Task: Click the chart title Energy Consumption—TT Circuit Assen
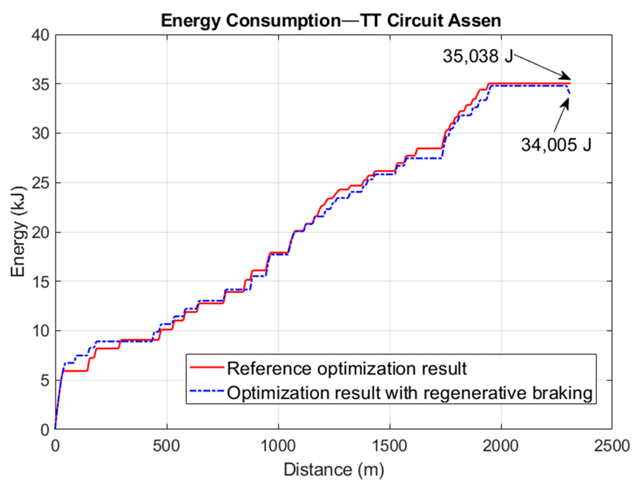pos(331,21)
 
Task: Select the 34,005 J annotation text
pos(556,145)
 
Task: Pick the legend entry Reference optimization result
pos(346,369)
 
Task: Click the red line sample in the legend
pos(207,367)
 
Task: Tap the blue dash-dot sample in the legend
pos(207,392)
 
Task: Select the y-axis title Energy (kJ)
pos(18,232)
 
